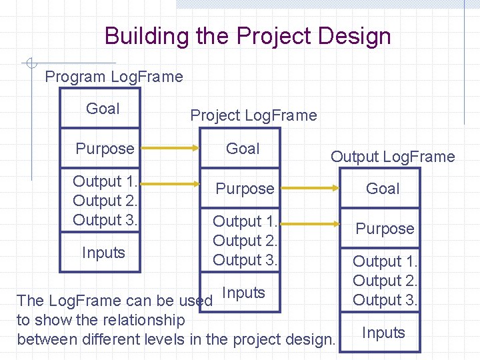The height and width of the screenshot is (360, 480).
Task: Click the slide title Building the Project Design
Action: click(x=247, y=36)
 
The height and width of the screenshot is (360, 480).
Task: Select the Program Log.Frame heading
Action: click(x=113, y=77)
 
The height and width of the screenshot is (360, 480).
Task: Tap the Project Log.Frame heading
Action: click(x=253, y=115)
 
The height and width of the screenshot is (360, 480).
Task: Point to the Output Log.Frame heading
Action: click(x=393, y=157)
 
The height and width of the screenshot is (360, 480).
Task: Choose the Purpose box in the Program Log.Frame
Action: click(x=104, y=149)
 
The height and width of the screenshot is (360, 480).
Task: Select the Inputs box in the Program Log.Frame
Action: click(x=103, y=253)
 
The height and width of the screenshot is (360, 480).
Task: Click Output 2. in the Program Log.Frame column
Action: click(x=105, y=201)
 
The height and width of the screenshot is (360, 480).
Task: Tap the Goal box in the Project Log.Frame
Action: click(x=243, y=149)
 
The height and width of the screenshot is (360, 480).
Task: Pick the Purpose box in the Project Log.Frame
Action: click(x=244, y=189)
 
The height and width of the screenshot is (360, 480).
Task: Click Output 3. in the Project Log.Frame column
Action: click(x=245, y=260)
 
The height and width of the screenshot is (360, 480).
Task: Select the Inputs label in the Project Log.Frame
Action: click(x=243, y=293)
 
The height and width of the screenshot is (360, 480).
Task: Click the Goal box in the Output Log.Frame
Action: click(x=383, y=189)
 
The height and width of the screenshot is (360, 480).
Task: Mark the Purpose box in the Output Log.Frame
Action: click(x=384, y=229)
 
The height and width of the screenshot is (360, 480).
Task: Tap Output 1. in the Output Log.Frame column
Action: click(x=385, y=261)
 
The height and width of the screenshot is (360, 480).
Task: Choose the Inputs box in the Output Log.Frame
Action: click(x=383, y=333)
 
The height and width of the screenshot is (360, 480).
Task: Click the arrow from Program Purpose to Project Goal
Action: click(x=170, y=149)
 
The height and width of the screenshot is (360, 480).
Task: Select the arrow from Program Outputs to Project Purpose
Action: click(x=170, y=189)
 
